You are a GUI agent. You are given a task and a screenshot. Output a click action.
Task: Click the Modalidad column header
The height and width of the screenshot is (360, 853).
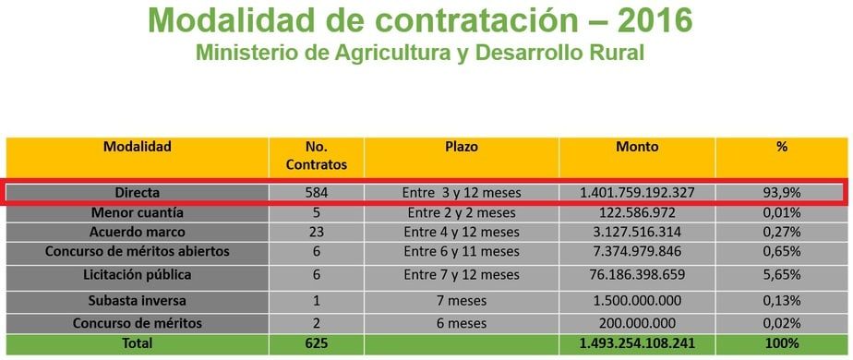pyautogui.click(x=137, y=146)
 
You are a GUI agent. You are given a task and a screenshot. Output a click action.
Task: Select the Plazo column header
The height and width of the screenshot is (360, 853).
pyautogui.click(x=462, y=146)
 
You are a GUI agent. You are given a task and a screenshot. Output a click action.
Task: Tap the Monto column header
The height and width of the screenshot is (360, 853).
pyautogui.click(x=637, y=146)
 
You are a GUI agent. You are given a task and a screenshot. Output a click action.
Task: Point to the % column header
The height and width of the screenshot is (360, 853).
pyautogui.click(x=781, y=146)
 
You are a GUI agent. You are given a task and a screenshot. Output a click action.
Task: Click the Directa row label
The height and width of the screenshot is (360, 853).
pyautogui.click(x=137, y=193)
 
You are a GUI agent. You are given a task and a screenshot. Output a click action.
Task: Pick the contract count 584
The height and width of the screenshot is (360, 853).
pyautogui.click(x=317, y=193)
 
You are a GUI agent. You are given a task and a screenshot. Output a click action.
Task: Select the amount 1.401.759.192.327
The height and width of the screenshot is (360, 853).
pyautogui.click(x=638, y=193)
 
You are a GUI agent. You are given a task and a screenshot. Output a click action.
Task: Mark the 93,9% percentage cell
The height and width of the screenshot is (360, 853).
pyautogui.click(x=781, y=193)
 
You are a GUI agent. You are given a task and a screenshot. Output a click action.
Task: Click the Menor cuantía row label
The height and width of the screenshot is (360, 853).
pyautogui.click(x=137, y=213)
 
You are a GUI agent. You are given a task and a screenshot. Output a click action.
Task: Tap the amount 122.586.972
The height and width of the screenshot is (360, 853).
pyautogui.click(x=638, y=213)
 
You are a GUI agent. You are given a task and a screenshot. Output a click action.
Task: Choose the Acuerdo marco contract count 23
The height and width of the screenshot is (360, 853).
pyautogui.click(x=317, y=232)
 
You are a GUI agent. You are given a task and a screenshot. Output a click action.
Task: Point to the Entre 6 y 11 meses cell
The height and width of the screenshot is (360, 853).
pyautogui.click(x=462, y=251)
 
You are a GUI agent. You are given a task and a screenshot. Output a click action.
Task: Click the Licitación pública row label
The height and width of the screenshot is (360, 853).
pyautogui.click(x=137, y=274)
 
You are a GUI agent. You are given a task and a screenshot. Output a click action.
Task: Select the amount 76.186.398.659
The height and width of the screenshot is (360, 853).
pyautogui.click(x=638, y=274)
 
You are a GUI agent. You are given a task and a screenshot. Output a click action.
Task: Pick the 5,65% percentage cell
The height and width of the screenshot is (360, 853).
pyautogui.click(x=781, y=274)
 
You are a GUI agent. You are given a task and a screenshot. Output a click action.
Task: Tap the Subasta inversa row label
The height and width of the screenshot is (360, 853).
pyautogui.click(x=137, y=300)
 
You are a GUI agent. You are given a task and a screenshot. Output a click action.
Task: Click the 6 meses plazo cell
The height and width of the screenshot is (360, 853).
pyautogui.click(x=462, y=323)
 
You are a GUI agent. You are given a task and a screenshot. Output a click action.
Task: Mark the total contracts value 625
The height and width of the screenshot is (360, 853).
pyautogui.click(x=317, y=343)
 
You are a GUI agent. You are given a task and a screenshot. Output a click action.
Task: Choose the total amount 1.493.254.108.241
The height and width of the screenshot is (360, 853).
pyautogui.click(x=638, y=343)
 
